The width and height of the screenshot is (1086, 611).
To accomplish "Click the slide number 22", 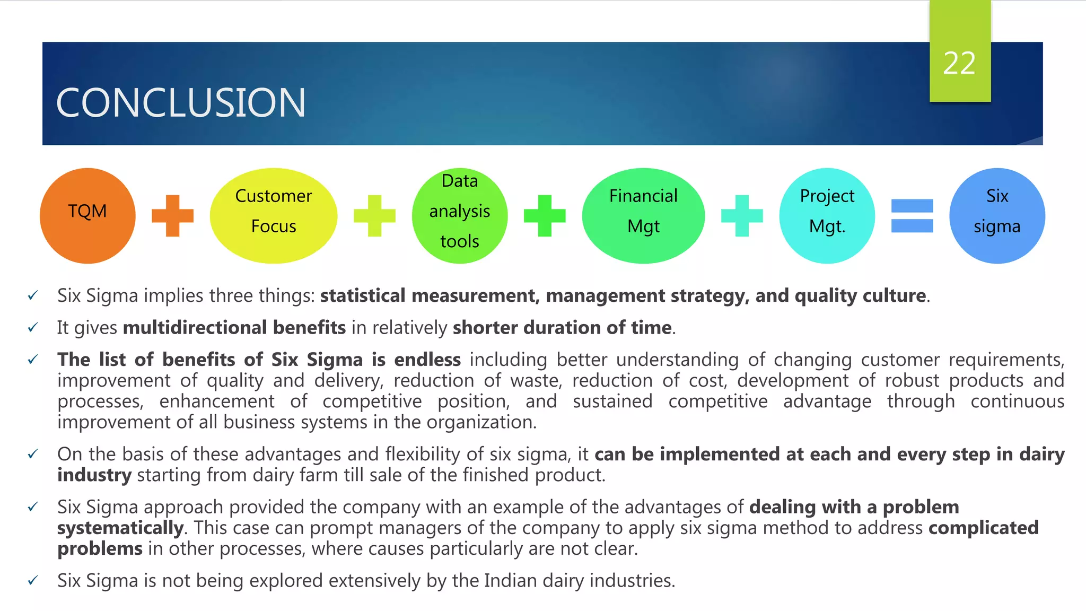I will (x=959, y=64).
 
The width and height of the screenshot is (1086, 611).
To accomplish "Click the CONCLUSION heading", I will (x=181, y=102).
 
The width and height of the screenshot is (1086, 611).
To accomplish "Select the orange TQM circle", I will (x=87, y=216).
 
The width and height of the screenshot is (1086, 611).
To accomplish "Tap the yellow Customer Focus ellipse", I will (x=274, y=216).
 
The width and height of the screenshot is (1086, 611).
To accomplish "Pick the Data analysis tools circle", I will (x=460, y=216).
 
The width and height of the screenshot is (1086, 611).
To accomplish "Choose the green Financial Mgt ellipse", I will (x=643, y=216).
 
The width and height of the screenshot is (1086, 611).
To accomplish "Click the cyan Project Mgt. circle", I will (x=827, y=216).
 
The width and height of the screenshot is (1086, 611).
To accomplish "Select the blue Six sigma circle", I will (x=997, y=216).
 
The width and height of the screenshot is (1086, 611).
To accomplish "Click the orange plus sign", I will (x=173, y=216).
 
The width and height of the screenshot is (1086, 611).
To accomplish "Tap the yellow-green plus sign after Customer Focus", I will (x=374, y=216).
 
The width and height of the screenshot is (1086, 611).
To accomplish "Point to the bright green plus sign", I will (x=545, y=216).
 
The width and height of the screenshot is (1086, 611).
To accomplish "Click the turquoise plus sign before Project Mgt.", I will (x=742, y=216).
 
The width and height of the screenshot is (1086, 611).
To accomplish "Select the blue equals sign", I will (x=912, y=216).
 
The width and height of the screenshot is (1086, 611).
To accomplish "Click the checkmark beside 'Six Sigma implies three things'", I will (x=33, y=295).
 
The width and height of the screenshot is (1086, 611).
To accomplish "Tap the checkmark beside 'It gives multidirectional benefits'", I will (x=33, y=328).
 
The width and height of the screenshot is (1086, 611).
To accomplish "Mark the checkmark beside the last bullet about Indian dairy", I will (x=33, y=581).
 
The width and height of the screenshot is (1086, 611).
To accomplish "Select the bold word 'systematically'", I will (x=120, y=528).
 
